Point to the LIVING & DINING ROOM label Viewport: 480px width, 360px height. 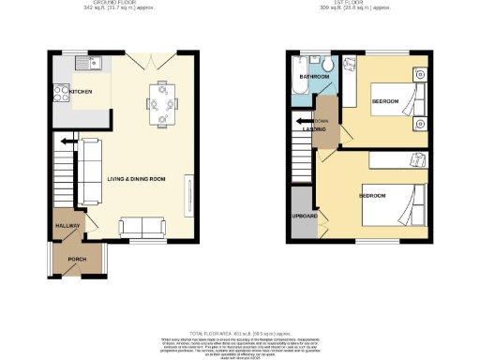click(136, 179)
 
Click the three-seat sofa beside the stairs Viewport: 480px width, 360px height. click(90, 171)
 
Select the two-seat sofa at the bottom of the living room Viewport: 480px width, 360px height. click(142, 226)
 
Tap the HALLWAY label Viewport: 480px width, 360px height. click(67, 226)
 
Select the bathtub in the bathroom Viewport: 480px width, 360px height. click(299, 90)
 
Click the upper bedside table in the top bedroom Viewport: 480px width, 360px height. click(418, 73)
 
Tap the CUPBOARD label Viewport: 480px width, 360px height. click(304, 217)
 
